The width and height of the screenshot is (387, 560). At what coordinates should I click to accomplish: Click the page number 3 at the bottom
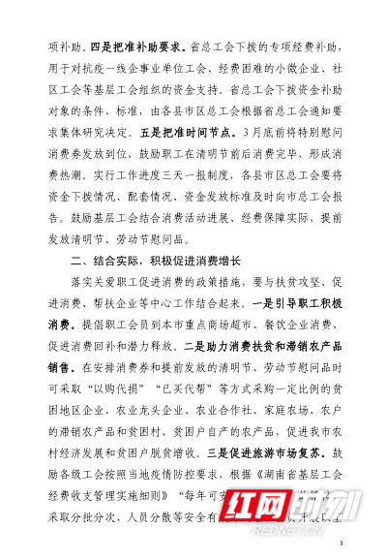342,544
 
